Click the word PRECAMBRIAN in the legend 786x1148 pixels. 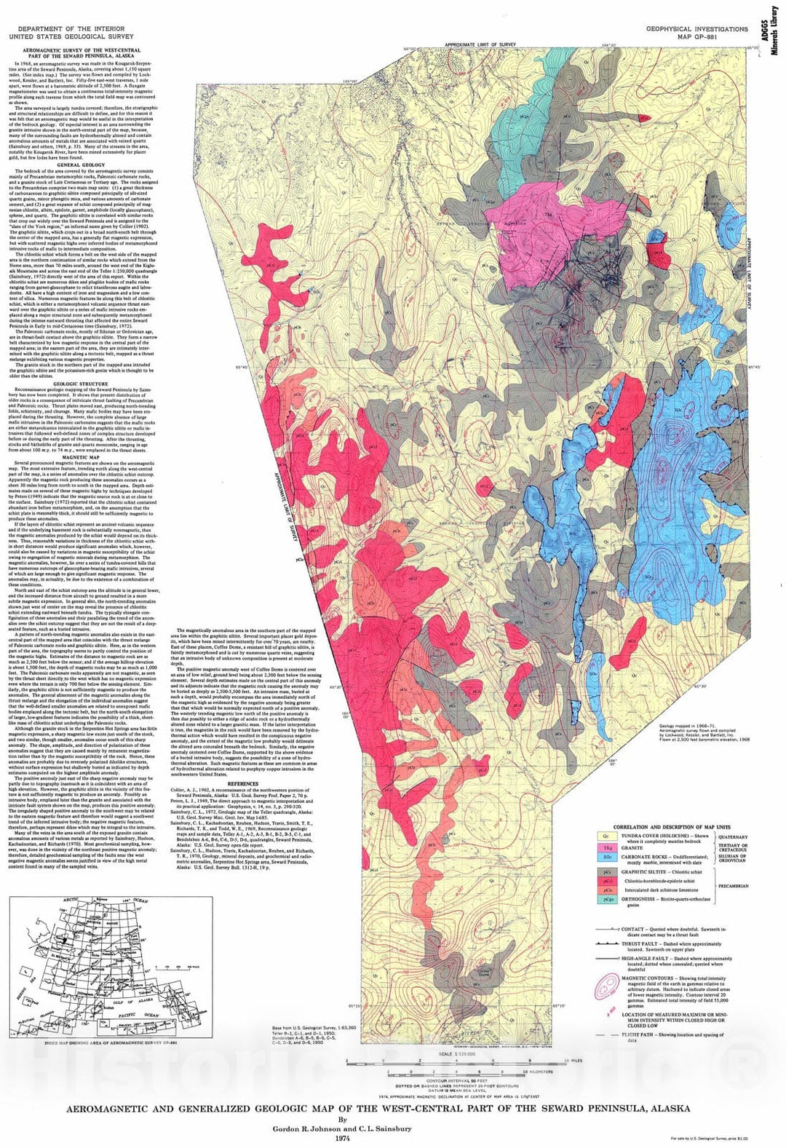733,886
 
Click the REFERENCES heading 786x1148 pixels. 243,783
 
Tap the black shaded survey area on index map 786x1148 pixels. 66,938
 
